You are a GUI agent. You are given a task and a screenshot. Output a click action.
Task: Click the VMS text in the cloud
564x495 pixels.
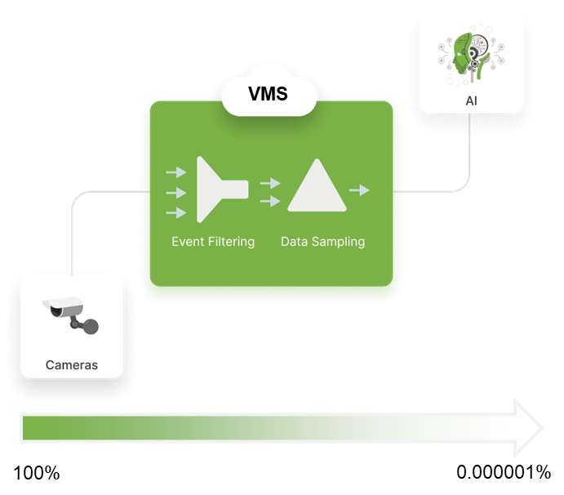pyautogui.click(x=269, y=94)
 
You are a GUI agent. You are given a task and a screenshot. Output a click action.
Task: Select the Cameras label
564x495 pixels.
pyautogui.click(x=72, y=365)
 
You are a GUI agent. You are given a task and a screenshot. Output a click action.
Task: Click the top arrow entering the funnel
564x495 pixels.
pyautogui.click(x=175, y=172)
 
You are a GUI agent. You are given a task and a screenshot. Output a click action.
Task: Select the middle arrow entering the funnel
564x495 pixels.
pyautogui.click(x=175, y=193)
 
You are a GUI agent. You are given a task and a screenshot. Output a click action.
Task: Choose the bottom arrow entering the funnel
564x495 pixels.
pyautogui.click(x=175, y=213)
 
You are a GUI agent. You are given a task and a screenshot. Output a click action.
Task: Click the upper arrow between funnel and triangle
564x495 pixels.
pyautogui.click(x=270, y=183)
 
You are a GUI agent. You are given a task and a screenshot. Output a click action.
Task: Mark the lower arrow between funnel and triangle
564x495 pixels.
pyautogui.click(x=270, y=200)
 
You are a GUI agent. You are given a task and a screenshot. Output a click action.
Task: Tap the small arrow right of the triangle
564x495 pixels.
pyautogui.click(x=359, y=190)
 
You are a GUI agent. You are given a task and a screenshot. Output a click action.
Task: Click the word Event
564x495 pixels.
pyautogui.click(x=188, y=242)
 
